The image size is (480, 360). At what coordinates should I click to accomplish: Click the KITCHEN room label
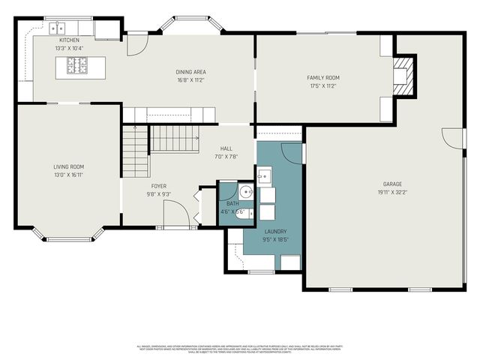point(69,40)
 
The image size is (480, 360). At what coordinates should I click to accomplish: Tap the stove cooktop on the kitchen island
point(78,67)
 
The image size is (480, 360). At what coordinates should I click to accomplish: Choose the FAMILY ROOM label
point(323,78)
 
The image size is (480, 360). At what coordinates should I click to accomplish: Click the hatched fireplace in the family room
point(405,76)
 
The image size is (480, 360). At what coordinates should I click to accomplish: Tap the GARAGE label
point(393,184)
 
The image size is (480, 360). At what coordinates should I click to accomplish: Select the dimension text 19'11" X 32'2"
point(393,192)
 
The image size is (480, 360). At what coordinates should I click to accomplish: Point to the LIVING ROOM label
point(68,166)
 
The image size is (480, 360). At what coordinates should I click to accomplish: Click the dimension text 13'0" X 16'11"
point(68,174)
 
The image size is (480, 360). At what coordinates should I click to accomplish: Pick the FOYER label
point(159,186)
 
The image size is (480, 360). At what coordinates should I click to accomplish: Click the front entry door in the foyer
point(175,218)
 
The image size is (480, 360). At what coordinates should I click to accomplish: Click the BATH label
point(232,204)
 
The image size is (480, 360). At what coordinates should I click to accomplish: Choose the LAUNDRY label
point(276,232)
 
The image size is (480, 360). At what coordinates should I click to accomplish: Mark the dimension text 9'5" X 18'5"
point(276,240)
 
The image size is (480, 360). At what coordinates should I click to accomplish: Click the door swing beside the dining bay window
point(136,44)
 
